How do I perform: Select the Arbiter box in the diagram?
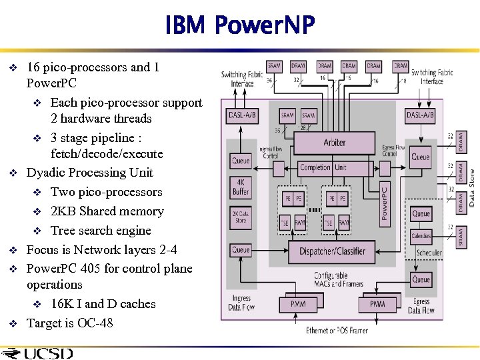pyautogui.click(x=334, y=142)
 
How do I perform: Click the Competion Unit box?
pyautogui.click(x=323, y=167)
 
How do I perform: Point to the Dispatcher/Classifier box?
pyautogui.click(x=331, y=251)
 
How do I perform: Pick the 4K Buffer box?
pyautogui.click(x=241, y=187)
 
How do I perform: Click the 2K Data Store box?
pyautogui.click(x=241, y=217)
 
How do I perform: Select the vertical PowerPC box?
pyautogui.click(x=384, y=203)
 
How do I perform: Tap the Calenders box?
pyautogui.click(x=421, y=236)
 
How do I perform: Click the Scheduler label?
pyautogui.click(x=429, y=253)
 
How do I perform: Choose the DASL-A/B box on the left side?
pyautogui.click(x=241, y=115)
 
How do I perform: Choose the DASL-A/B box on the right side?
pyautogui.click(x=420, y=115)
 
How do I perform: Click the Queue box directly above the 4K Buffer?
pyautogui.click(x=241, y=160)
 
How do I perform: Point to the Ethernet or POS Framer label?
pyautogui.click(x=336, y=330)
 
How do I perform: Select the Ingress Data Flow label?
pyautogui.click(x=241, y=304)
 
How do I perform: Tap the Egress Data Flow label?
pyautogui.click(x=421, y=306)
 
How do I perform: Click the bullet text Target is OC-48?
pyautogui.click(x=69, y=323)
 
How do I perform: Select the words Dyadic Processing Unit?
pyautogui.click(x=89, y=173)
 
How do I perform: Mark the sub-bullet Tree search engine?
pyautogui.click(x=101, y=231)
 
